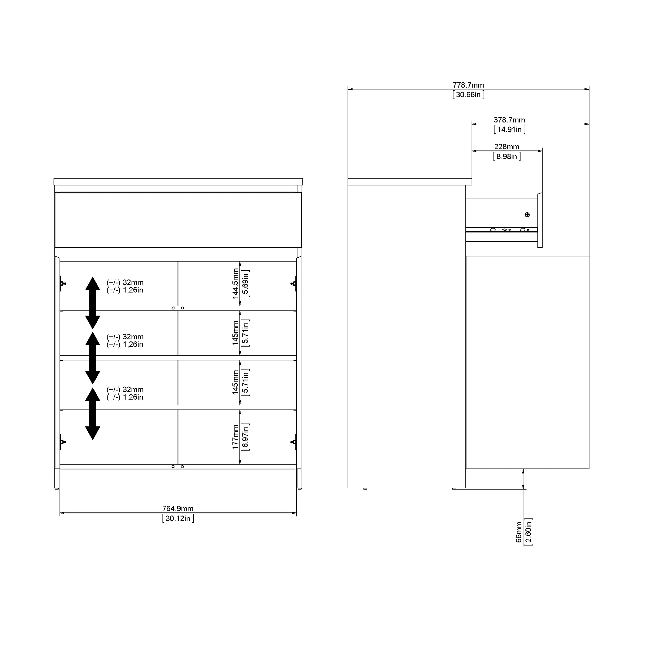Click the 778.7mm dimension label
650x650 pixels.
click(x=468, y=85)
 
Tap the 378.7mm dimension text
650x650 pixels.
click(x=509, y=120)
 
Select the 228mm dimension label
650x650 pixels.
click(x=506, y=147)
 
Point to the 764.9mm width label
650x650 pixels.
click(x=178, y=508)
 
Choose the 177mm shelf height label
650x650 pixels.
click(x=235, y=437)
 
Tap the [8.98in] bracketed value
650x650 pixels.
click(x=507, y=156)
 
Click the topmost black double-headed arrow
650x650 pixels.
click(x=93, y=303)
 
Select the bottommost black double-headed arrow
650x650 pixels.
click(x=93, y=413)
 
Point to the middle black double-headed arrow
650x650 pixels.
click(x=93, y=358)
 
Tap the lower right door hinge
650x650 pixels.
click(x=294, y=442)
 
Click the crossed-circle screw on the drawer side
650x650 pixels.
click(x=527, y=215)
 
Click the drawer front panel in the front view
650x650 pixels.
click(x=178, y=220)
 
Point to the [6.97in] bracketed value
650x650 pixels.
click(x=245, y=437)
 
